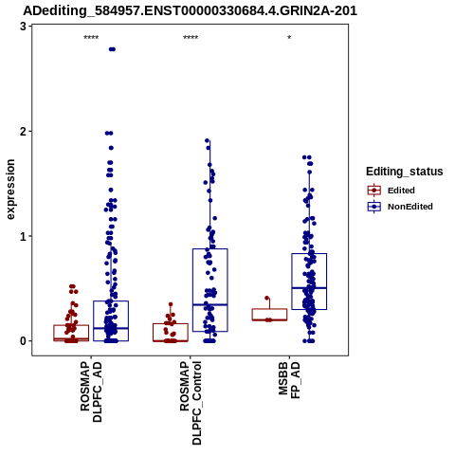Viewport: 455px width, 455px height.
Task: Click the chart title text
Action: tap(190, 11)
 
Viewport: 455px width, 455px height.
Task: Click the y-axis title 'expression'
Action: tap(10, 190)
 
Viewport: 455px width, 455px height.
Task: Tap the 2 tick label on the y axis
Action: tap(23, 131)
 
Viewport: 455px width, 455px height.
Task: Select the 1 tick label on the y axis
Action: tap(23, 236)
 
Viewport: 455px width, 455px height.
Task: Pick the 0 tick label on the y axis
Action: tap(23, 341)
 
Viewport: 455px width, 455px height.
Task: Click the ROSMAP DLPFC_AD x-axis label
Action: tap(91, 391)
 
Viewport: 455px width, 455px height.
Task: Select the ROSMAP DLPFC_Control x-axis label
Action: tap(191, 403)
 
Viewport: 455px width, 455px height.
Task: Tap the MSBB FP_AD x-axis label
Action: tap(289, 380)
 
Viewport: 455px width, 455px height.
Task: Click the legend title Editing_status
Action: tap(405, 172)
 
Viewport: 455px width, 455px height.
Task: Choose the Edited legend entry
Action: tap(391, 191)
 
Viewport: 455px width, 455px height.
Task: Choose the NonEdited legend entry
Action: tap(400, 207)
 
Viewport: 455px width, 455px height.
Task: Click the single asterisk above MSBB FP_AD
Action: tap(289, 38)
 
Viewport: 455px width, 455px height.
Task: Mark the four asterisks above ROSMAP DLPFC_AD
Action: tap(91, 38)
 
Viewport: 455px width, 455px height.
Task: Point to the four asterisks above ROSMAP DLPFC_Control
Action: tap(191, 38)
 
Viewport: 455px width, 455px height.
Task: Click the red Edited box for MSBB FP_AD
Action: tap(269, 309)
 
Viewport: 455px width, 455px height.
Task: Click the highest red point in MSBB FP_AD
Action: tap(267, 298)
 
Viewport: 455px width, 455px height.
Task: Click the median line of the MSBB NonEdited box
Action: tap(309, 288)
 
